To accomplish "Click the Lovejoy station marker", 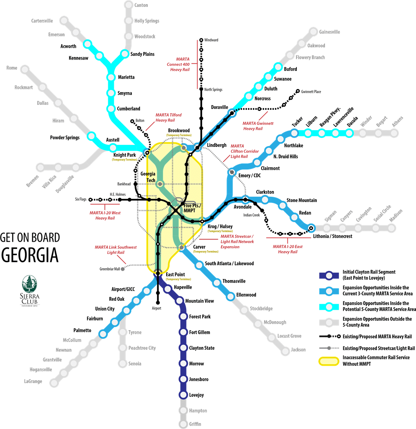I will coord(183,395).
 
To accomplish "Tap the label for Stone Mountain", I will coord(302,200).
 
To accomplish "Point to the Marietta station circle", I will coord(111,77).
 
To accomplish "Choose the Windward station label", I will coord(211,40).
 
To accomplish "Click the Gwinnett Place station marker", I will coord(298,91).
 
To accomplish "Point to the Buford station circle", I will coord(278,67).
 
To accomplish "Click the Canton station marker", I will coord(128,5).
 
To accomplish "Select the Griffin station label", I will coord(195,424).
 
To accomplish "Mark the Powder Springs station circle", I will coord(91,136).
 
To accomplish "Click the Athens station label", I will coord(397,121).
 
